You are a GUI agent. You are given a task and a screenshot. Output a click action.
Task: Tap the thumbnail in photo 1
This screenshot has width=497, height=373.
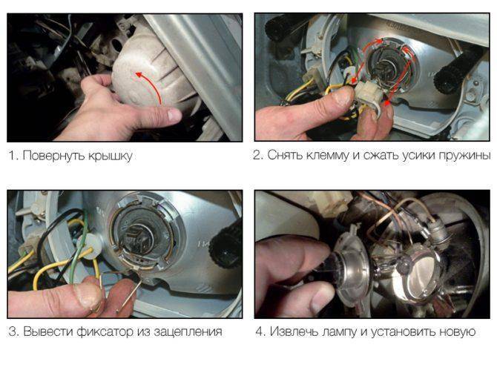point(173,114)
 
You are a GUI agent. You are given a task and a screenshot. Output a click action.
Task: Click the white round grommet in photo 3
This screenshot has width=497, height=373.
point(90,245)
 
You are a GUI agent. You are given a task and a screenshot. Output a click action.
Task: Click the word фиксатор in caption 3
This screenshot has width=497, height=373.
point(105,332)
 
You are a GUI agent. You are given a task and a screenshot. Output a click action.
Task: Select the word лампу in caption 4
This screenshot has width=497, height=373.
point(342,332)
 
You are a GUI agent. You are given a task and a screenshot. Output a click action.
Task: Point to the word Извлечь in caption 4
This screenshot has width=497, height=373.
point(294,331)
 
